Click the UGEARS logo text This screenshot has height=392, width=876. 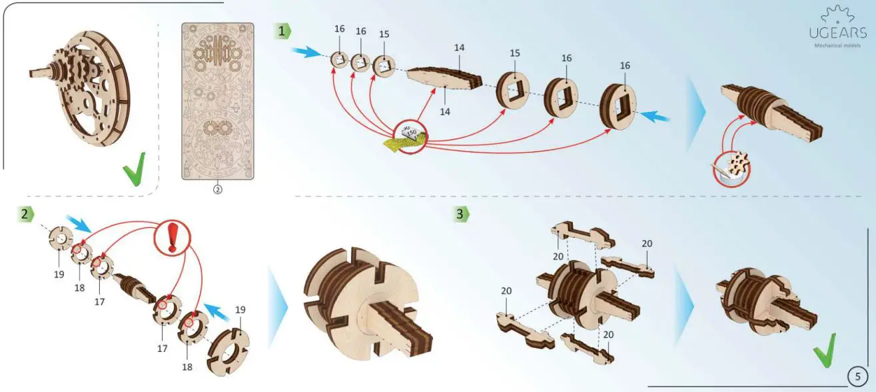[x=838, y=33]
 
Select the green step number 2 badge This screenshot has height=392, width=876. [x=25, y=214]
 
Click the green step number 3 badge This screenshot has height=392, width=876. [x=460, y=214]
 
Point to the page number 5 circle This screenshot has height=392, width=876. [x=858, y=376]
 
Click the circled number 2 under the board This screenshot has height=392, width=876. [x=217, y=189]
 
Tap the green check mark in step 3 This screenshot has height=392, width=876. [x=823, y=351]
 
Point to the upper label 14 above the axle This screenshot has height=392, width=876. [x=459, y=48]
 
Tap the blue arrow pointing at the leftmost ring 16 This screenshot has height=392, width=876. [x=307, y=52]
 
